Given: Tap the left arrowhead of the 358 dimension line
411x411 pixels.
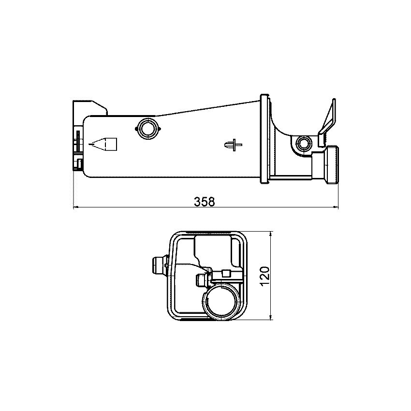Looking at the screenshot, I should (x=75, y=208).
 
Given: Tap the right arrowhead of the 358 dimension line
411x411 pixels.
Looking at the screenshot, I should (x=336, y=208).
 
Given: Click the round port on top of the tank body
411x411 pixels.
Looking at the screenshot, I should (x=147, y=128).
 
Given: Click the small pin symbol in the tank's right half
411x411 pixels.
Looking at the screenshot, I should (x=233, y=144).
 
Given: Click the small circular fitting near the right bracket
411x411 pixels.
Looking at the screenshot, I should (x=304, y=144).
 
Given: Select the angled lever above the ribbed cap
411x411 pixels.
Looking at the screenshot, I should (x=328, y=118).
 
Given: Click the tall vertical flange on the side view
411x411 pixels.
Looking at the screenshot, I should (x=264, y=139).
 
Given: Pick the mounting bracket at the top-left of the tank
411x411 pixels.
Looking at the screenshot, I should (x=89, y=107).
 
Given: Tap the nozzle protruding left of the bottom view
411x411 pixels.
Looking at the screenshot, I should (x=158, y=265).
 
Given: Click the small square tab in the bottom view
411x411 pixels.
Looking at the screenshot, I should (x=225, y=273).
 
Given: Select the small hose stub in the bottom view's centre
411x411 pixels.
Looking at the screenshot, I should (x=201, y=280).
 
